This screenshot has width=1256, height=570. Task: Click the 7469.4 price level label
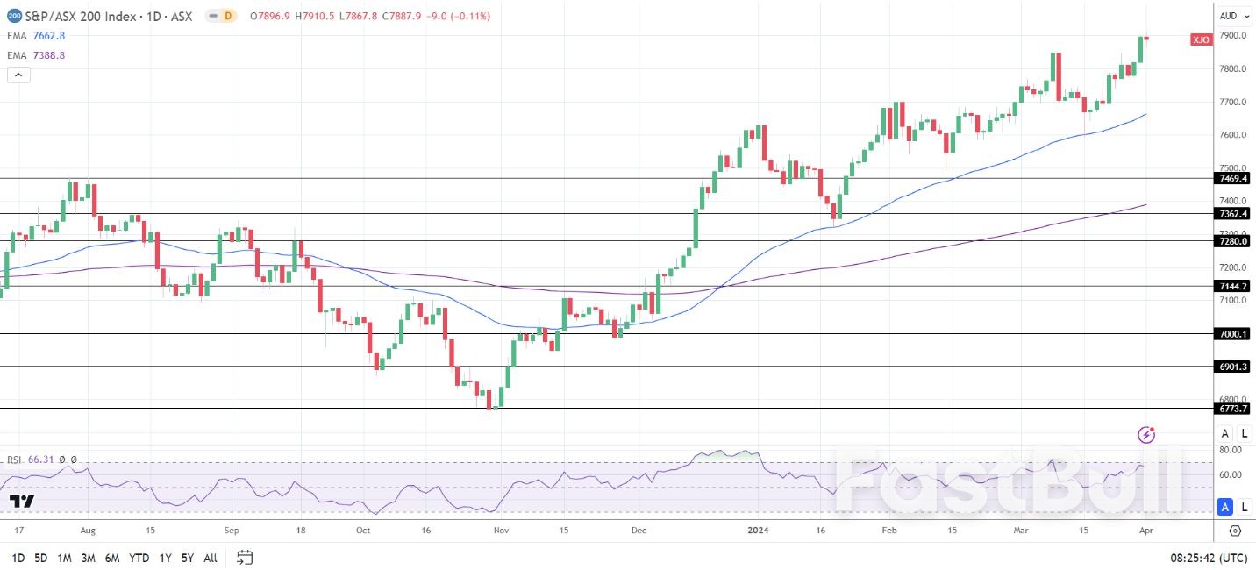click(x=1232, y=178)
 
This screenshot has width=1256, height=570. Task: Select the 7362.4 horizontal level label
click(x=1232, y=213)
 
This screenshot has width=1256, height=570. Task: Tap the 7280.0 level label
click(x=1232, y=240)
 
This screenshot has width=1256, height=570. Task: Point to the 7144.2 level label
click(x=1232, y=286)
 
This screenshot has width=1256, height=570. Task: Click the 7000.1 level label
click(x=1232, y=333)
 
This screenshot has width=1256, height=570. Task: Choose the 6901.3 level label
click(x=1232, y=366)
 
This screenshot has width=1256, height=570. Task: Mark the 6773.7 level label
click(x=1232, y=408)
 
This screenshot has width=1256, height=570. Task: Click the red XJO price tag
click(x=1201, y=39)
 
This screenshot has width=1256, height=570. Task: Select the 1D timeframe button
click(x=18, y=558)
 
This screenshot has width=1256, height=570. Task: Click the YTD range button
click(x=139, y=558)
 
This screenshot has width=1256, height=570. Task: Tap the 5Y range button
click(x=187, y=558)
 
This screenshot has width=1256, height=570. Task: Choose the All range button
click(x=211, y=558)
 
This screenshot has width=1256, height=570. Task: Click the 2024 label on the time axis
click(x=758, y=531)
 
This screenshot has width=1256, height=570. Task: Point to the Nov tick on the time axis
click(x=501, y=531)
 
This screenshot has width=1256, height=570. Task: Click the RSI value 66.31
click(x=40, y=460)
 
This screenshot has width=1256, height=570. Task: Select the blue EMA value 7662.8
click(x=49, y=36)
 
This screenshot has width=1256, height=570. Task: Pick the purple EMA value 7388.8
click(x=49, y=55)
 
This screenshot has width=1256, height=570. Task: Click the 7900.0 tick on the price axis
click(x=1232, y=35)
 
